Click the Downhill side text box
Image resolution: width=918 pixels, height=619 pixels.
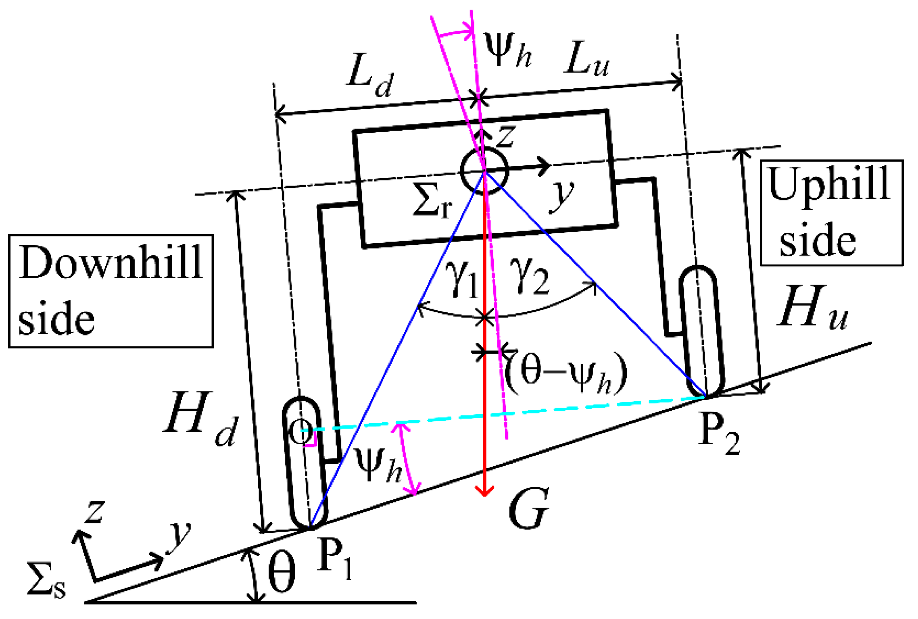click(x=111, y=291)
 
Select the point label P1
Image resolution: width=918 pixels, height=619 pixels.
click(x=334, y=559)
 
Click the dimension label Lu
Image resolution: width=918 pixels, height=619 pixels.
click(x=587, y=59)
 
